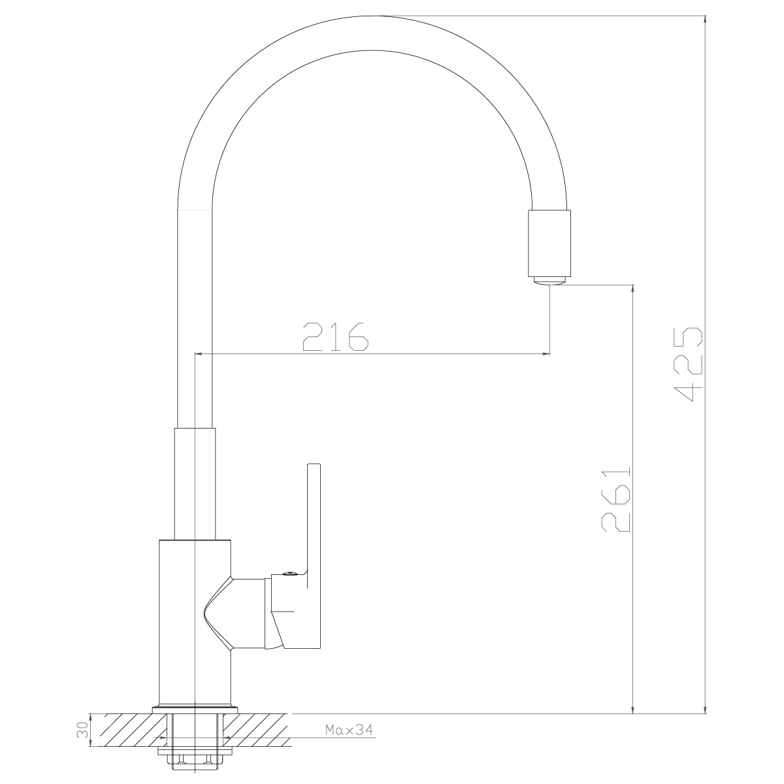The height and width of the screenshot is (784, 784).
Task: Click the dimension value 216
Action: (336, 337)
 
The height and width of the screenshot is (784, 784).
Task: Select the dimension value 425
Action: (688, 364)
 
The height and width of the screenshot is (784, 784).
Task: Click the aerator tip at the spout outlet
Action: (549, 281)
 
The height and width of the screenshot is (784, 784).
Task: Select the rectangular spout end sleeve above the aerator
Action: (549, 243)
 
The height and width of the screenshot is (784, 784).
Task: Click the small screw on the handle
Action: (288, 574)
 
